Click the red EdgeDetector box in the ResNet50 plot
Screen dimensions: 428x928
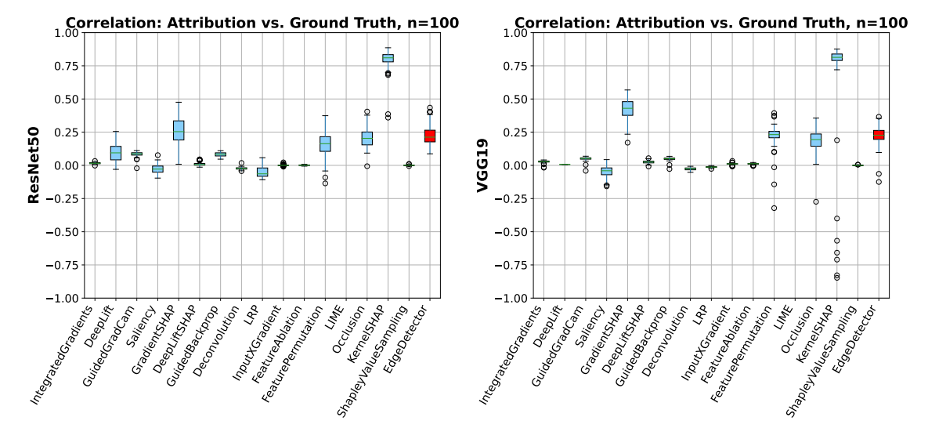[x=429, y=136]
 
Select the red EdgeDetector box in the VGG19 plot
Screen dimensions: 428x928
[x=879, y=135]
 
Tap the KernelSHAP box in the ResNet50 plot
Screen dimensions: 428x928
[x=388, y=58]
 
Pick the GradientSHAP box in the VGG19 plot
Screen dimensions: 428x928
[x=627, y=108]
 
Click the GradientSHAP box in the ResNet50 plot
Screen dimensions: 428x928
[x=179, y=130]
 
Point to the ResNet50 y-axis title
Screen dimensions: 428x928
[x=34, y=165]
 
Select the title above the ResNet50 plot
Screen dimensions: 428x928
[x=262, y=23]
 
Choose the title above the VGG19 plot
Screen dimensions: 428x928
[x=711, y=23]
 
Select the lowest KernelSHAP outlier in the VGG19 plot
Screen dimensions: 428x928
[x=837, y=277]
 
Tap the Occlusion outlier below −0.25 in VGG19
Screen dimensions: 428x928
[x=816, y=201]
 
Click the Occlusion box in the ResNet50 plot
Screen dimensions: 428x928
[x=367, y=139]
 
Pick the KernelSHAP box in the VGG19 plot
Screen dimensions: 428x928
[x=836, y=57]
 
